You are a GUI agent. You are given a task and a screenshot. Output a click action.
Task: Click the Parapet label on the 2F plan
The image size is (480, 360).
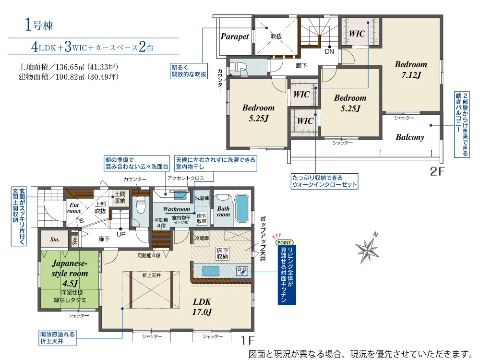[x=235, y=37]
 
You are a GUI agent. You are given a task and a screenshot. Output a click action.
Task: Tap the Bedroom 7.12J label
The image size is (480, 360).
[x=411, y=70]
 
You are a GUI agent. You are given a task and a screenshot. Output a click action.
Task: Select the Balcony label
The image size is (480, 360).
[x=410, y=137]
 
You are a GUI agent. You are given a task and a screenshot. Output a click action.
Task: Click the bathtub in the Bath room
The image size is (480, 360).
[x=242, y=208]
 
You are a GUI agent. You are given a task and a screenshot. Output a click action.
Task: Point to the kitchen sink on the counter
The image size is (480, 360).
[x=211, y=271]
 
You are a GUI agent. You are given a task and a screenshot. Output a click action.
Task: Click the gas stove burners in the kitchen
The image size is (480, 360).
[x=242, y=271]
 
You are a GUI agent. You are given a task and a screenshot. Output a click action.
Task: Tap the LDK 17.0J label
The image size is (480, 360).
[x=202, y=307]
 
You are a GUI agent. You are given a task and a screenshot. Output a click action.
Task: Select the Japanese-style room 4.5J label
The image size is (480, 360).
[x=70, y=273]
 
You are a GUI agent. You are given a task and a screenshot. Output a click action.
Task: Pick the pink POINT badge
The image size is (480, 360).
[x=284, y=242]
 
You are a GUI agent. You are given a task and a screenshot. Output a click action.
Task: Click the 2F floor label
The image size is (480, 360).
[x=437, y=171]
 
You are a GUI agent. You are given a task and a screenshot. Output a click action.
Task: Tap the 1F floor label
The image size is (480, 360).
[x=247, y=340]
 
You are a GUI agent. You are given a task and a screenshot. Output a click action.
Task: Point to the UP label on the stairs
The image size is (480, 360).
[x=121, y=234]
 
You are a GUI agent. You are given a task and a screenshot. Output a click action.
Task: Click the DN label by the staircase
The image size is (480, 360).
[x=329, y=51]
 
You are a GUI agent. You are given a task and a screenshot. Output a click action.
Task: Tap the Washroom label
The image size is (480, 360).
[x=176, y=209]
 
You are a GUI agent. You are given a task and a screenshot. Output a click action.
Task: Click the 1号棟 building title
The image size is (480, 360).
[x=39, y=25]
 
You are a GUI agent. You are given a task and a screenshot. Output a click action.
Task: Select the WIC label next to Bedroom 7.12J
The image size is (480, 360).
[x=357, y=34]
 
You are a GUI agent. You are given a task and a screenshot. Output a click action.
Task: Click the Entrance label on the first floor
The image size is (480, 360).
[x=74, y=208]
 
